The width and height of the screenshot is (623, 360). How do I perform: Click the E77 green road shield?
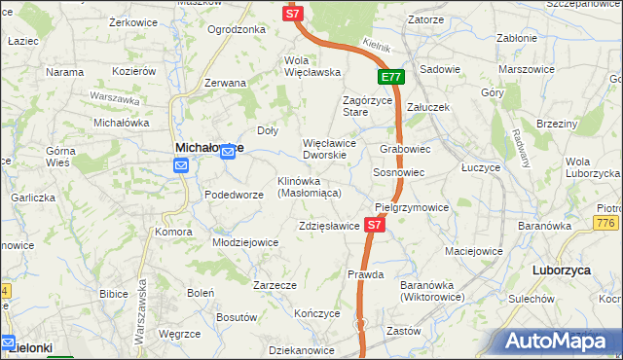click(x=390, y=77)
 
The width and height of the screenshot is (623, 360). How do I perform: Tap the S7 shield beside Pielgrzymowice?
click(x=375, y=225)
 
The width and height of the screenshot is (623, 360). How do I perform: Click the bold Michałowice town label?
click(x=208, y=147)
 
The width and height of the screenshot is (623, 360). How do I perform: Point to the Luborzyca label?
click(x=563, y=270)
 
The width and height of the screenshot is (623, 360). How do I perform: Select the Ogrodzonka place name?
click(x=237, y=29)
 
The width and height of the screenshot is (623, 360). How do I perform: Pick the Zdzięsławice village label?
click(x=330, y=227)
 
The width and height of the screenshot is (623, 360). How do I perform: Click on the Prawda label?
click(x=366, y=274)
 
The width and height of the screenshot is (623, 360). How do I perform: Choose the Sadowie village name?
click(x=440, y=70)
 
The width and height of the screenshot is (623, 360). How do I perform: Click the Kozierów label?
click(x=134, y=72)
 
